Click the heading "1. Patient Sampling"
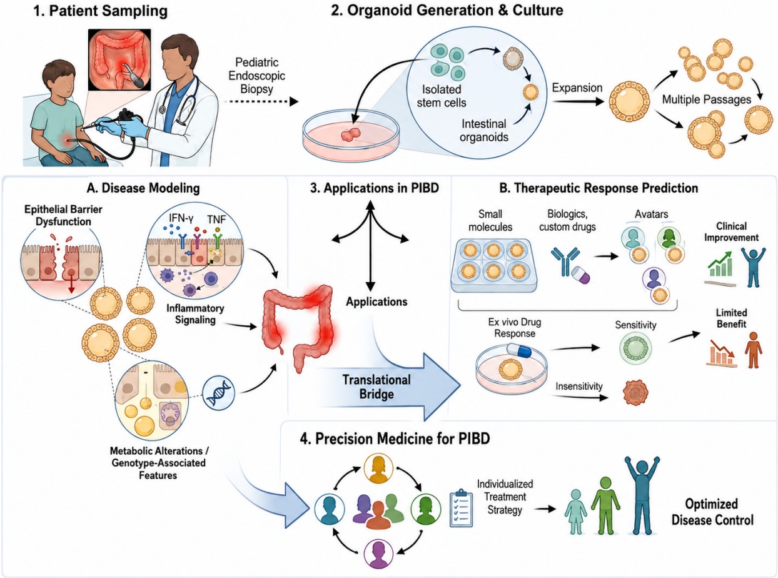pyautogui.click(x=100, y=11)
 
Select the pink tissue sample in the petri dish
pyautogui.click(x=350, y=134)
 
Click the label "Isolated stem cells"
pyautogui.click(x=442, y=96)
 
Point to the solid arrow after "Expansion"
pyautogui.click(x=578, y=102)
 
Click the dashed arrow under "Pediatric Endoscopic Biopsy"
pyautogui.click(x=261, y=102)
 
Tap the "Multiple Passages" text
pyautogui.click(x=707, y=99)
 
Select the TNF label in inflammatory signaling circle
pyautogui.click(x=216, y=220)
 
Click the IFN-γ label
pyautogui.click(x=181, y=218)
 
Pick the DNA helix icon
pyautogui.click(x=218, y=393)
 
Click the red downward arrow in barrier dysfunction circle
pyautogui.click(x=71, y=285)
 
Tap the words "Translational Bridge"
pyautogui.click(x=376, y=387)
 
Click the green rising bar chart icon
pyautogui.click(x=720, y=265)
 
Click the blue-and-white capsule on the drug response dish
pyautogui.click(x=519, y=350)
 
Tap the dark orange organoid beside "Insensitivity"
pyautogui.click(x=635, y=392)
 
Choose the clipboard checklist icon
pyautogui.click(x=462, y=508)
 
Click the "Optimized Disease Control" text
pyautogui.click(x=712, y=512)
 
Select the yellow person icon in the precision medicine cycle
pyautogui.click(x=378, y=468)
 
